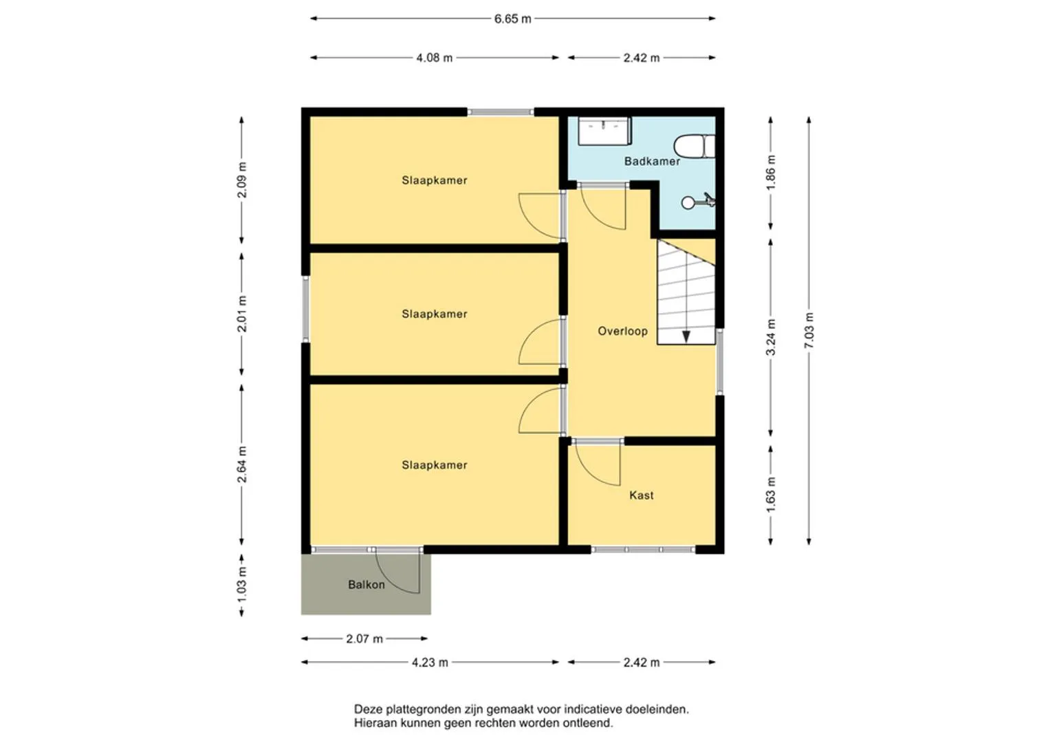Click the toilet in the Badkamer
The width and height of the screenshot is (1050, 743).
[694, 147]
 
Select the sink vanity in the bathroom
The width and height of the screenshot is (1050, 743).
[604, 131]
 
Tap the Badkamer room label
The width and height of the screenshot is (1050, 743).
[652, 162]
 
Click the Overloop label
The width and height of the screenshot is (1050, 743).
[622, 331]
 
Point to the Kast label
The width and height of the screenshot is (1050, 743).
[642, 495]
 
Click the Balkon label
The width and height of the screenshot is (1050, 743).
[366, 585]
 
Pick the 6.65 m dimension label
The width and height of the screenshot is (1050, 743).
[513, 19]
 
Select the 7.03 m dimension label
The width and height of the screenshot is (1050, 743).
[809, 330]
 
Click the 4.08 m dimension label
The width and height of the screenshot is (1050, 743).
[435, 58]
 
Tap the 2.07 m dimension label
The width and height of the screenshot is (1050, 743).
[364, 639]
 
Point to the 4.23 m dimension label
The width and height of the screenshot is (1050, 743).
[430, 663]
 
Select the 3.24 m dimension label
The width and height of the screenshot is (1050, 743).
[771, 337]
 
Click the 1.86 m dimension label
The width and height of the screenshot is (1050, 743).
[771, 172]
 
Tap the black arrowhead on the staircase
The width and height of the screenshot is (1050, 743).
[686, 337]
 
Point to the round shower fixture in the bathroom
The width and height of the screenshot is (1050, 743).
[688, 203]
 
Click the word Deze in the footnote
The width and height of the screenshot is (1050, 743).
[369, 709]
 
